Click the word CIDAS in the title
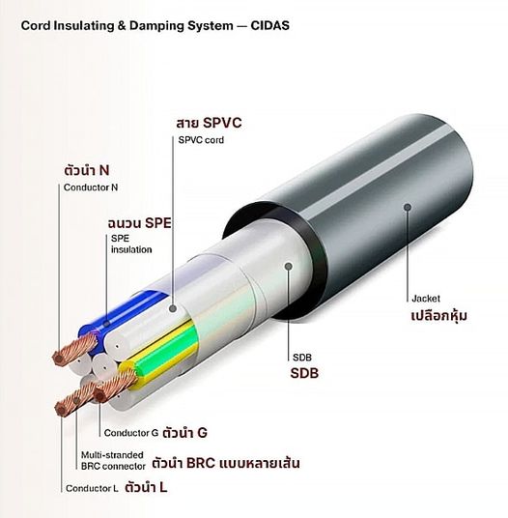(269, 26)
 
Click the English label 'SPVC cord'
(201, 140)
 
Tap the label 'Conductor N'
(91, 187)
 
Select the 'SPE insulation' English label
(131, 245)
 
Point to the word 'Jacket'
(426, 299)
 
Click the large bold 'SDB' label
(304, 373)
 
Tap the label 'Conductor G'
(131, 433)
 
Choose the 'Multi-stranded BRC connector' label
(113, 461)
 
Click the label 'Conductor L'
(92, 488)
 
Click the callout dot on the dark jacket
(408, 207)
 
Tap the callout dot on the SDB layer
(289, 267)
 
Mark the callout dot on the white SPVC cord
(173, 309)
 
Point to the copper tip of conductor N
(60, 358)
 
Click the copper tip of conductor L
(61, 409)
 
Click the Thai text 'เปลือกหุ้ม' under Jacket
(439, 316)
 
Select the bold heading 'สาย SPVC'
(209, 123)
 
